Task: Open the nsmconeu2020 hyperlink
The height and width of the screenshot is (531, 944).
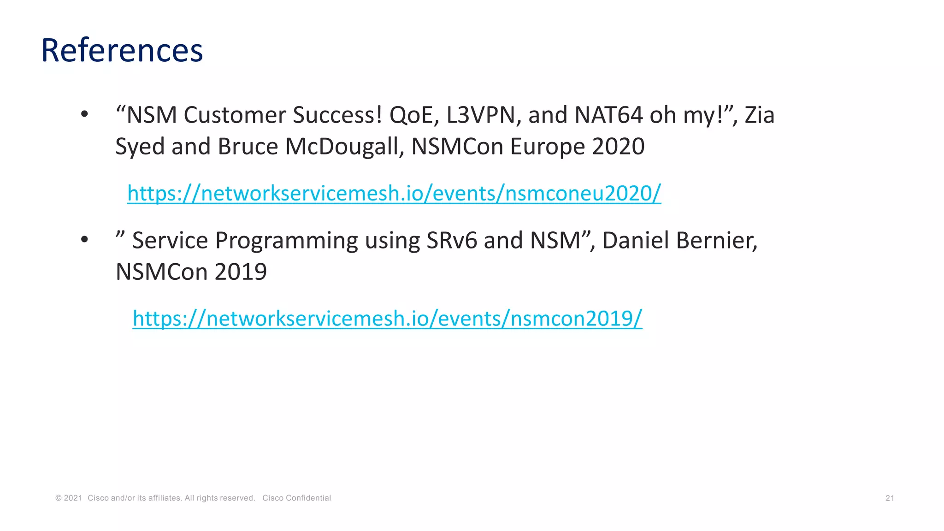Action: [x=394, y=193]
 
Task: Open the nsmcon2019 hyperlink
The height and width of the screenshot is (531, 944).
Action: [x=387, y=318]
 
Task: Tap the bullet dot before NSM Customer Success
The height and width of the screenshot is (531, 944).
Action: [x=84, y=114]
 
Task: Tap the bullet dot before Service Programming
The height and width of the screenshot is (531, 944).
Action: [x=84, y=239]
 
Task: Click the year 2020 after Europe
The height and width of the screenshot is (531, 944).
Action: [x=618, y=146]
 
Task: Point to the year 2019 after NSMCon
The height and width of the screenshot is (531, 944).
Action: [x=241, y=271]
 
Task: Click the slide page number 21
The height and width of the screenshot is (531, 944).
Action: [x=890, y=498]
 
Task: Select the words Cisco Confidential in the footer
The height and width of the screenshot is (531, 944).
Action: [x=296, y=498]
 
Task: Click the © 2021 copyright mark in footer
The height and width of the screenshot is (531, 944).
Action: [x=69, y=498]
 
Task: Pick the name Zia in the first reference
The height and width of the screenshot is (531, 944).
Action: [x=759, y=115]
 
